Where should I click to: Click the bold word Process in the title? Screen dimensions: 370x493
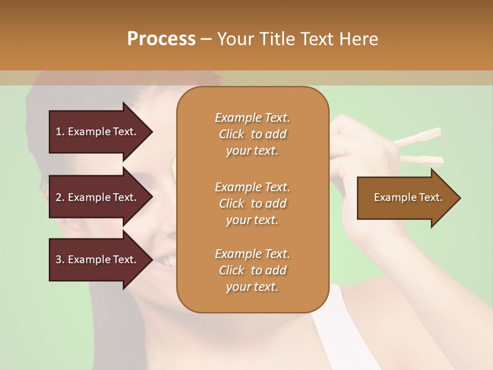(161, 39)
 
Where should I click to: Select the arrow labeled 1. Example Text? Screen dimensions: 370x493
(98, 132)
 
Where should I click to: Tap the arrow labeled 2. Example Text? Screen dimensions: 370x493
(98, 197)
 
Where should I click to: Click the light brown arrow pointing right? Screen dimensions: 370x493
(406, 198)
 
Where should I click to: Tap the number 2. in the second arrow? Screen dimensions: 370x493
(60, 197)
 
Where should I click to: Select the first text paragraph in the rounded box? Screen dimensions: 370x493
(252, 134)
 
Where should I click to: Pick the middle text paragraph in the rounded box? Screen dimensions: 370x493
(252, 203)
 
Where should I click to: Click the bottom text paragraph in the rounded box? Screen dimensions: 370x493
(252, 270)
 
